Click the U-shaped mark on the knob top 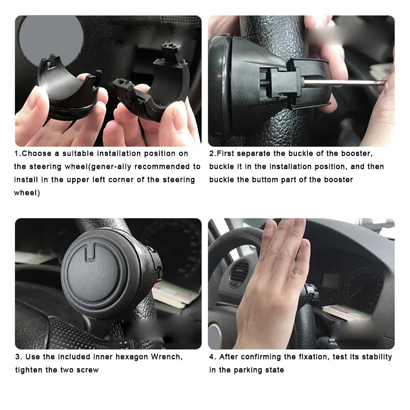click(91, 252)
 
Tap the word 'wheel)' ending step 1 click(27, 193)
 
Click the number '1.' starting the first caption click(18, 153)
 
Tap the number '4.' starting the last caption click(212, 357)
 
